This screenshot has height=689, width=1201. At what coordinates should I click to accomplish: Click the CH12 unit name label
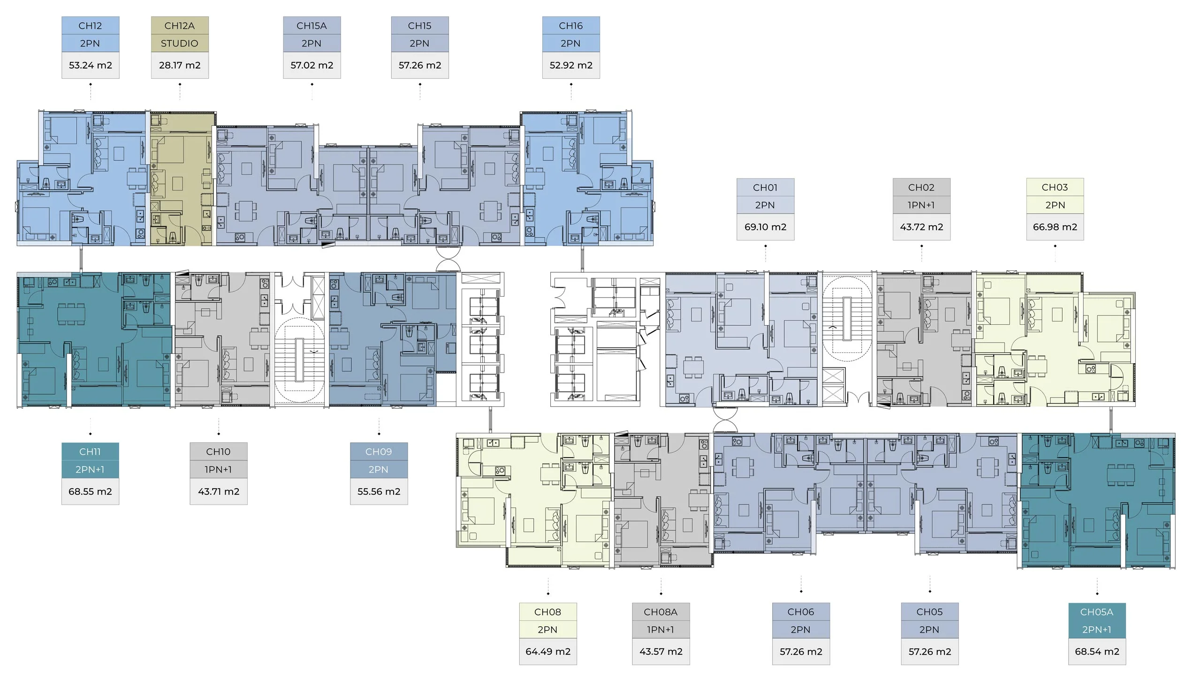[x=90, y=25]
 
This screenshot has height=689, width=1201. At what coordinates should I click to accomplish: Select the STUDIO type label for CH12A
[x=179, y=44]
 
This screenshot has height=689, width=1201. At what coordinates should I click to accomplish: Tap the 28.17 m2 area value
[x=180, y=65]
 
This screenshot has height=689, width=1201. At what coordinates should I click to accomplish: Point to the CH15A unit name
[x=312, y=25]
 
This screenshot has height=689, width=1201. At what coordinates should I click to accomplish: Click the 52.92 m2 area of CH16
[x=571, y=65]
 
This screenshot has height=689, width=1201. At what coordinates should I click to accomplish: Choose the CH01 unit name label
[x=765, y=187]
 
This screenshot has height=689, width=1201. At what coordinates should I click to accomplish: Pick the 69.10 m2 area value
[x=765, y=227]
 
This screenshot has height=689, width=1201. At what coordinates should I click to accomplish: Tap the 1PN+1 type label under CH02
[x=921, y=206]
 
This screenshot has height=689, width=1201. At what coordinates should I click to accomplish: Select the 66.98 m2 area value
[x=1055, y=227]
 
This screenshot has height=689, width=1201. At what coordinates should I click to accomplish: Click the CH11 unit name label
[x=90, y=452]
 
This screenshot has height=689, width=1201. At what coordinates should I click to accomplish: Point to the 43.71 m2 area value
[x=219, y=492]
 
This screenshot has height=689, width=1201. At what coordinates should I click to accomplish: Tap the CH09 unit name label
[x=379, y=452]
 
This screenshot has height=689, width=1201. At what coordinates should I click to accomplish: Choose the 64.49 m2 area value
[x=548, y=651]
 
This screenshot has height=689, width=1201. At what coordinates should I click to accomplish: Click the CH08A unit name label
[x=661, y=612]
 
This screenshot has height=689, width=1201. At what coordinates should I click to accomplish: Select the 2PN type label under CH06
[x=800, y=630]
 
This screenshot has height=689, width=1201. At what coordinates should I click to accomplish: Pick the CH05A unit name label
[x=1096, y=612]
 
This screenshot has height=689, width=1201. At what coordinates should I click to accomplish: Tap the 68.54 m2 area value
[x=1097, y=651]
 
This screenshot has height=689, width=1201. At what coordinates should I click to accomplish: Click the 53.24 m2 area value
[x=91, y=65]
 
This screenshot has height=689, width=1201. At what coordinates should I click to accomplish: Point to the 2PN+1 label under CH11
[x=90, y=470]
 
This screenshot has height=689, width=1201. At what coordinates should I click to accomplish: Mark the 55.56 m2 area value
[x=379, y=492]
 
